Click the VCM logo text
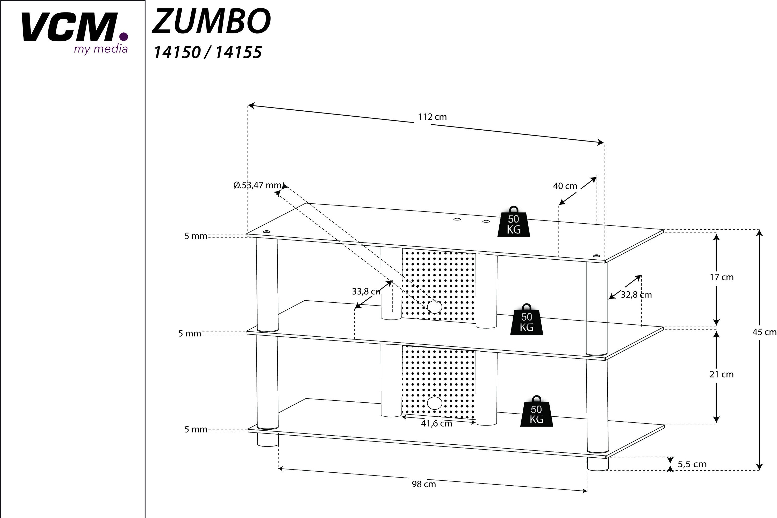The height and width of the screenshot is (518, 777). click(71, 27)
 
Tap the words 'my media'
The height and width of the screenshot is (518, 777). click(100, 49)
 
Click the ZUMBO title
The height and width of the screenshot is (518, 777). click(211, 21)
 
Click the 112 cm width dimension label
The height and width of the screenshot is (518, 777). click(432, 117)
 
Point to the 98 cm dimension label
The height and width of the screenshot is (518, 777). click(424, 484)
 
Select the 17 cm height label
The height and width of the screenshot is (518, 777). click(722, 278)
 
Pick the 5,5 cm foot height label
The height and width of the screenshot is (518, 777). click(692, 464)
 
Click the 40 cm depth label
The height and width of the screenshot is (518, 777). click(565, 186)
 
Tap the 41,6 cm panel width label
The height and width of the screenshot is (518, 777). click(436, 423)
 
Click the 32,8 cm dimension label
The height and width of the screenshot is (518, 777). click(636, 295)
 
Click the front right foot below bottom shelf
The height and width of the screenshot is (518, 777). click(598, 464)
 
